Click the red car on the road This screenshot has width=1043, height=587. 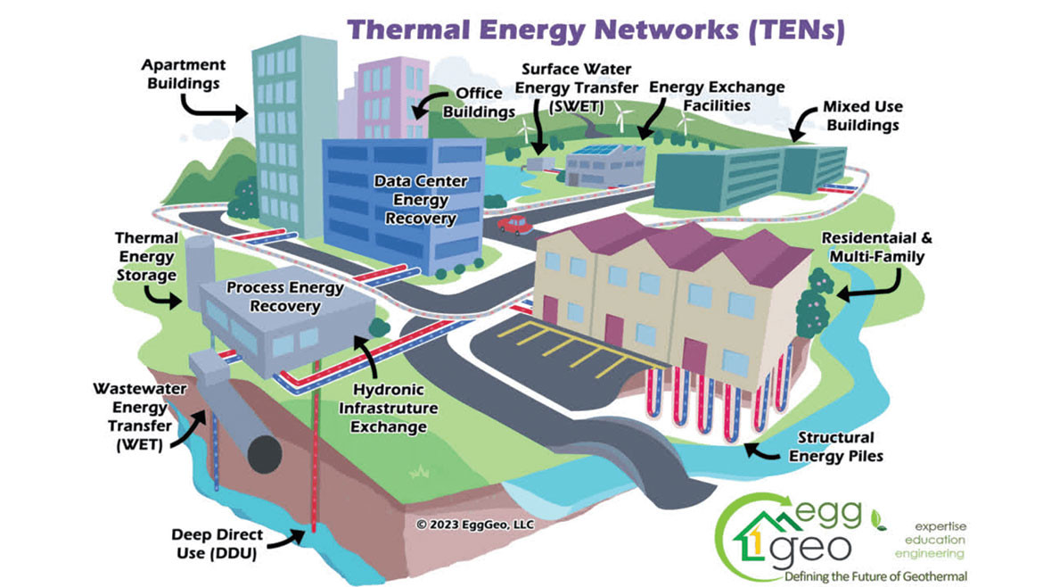coord(514,224)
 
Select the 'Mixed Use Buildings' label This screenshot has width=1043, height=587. coord(861,116)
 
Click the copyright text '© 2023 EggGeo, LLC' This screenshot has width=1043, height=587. coord(474,525)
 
